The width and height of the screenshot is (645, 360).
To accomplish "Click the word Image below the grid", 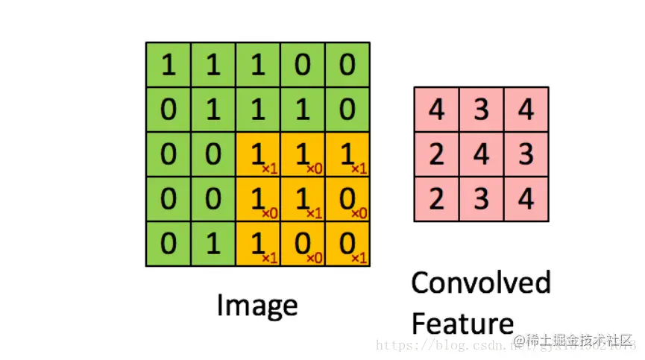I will click(257, 306).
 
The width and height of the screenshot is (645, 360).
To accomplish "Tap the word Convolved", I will click(481, 283).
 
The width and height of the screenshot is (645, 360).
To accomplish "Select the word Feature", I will click(462, 323).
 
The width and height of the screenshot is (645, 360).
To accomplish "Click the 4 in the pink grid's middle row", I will click(482, 155).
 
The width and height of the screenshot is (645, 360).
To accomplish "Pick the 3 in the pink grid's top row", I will click(482, 110).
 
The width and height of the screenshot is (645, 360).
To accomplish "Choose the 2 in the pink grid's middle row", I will click(437, 155).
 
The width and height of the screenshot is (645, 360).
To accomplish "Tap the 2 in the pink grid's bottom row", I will click(437, 200).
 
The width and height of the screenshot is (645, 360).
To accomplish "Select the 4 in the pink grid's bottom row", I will click(526, 200).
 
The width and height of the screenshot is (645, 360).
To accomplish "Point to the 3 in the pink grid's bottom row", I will click(482, 200).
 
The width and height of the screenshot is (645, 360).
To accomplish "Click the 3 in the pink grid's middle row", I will click(526, 155).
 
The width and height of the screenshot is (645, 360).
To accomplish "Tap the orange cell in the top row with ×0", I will click(303, 155).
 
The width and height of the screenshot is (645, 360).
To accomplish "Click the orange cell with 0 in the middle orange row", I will click(347, 200).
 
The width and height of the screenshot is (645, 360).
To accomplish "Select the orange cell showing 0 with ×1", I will click(347, 244).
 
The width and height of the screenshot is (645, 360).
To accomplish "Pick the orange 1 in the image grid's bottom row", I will click(258, 244).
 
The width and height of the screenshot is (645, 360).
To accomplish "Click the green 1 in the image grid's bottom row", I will click(213, 244).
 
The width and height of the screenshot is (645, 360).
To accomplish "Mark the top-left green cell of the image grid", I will click(169, 66).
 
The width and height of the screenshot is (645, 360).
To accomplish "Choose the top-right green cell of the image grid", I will click(347, 66).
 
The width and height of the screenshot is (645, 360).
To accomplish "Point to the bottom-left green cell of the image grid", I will click(169, 244).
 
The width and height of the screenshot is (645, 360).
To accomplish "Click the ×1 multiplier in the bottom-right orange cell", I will click(359, 258).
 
